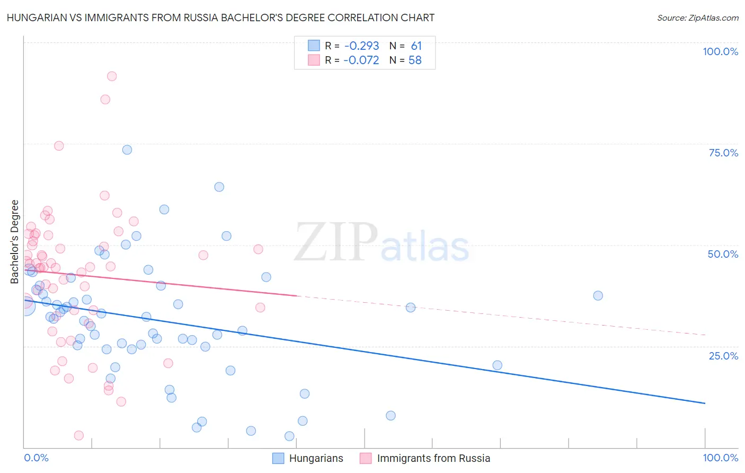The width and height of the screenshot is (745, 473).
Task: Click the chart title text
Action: [x=220, y=18]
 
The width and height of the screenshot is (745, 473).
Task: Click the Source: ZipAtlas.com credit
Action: [x=697, y=18]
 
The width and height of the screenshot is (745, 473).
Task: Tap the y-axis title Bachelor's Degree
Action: [x=15, y=242]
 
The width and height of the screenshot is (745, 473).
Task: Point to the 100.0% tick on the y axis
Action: [x=720, y=51]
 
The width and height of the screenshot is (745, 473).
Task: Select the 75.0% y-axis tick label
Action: [x=723, y=153]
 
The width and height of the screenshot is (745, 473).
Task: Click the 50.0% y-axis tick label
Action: [x=723, y=254]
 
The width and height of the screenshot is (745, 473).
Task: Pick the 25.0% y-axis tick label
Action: [x=723, y=356]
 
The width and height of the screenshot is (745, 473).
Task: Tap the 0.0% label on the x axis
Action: [x=36, y=458]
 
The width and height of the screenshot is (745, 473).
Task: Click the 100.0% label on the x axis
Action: [x=720, y=458]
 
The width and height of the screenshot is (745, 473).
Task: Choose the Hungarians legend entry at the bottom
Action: [x=308, y=458]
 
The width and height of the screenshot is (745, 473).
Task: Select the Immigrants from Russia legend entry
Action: [x=425, y=458]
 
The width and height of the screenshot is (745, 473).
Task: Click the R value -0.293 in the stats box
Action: [x=361, y=46]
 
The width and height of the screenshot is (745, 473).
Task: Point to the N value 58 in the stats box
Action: [x=415, y=60]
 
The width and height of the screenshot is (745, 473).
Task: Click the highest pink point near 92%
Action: [x=112, y=76]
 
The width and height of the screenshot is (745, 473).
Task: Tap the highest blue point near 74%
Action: [x=127, y=150]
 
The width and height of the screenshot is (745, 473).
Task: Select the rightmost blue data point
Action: [x=598, y=296]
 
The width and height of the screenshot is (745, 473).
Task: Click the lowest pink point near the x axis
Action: [x=79, y=435]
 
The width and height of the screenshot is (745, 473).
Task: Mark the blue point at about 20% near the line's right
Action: [x=497, y=365]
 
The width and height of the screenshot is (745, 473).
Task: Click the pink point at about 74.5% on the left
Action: [x=59, y=146]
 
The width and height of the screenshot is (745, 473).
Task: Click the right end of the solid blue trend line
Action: [x=705, y=404]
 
